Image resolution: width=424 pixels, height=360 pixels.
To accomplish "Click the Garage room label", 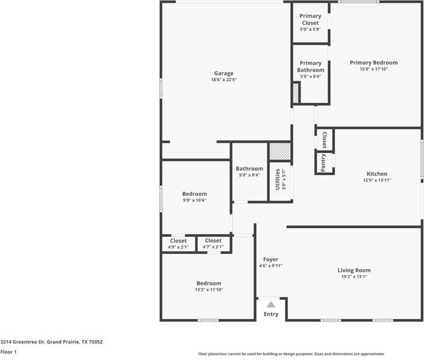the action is [223, 73].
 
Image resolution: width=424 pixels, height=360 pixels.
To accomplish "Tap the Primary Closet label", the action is [310, 19].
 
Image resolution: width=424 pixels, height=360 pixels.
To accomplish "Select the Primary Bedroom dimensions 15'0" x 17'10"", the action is [373, 69].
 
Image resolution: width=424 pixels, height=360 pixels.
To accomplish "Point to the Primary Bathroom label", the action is [310, 66].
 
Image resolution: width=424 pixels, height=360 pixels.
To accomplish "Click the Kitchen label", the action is [377, 174].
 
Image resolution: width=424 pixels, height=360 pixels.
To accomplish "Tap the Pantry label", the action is [323, 163].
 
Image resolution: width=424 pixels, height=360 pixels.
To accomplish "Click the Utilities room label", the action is [278, 179].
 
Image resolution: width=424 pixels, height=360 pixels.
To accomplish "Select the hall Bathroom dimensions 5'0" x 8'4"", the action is [249, 175].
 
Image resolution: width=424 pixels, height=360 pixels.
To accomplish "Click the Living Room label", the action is [354, 270].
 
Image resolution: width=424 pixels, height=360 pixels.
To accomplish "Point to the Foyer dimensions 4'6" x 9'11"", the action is [270, 265].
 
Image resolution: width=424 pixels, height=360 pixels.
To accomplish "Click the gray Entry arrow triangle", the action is [271, 305].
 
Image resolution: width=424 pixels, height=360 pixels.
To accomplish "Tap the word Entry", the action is [271, 314].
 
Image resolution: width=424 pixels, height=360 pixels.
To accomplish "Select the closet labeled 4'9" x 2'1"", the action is [178, 244].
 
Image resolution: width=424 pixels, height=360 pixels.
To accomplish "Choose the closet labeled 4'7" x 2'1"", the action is [213, 244].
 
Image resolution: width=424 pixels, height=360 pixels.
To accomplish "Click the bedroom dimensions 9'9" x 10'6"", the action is [195, 200].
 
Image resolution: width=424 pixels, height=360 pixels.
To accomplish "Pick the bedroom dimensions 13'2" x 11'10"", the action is [209, 290].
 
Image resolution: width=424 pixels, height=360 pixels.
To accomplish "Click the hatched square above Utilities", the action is [280, 151].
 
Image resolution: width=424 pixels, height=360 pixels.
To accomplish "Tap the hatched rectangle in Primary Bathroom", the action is [296, 93].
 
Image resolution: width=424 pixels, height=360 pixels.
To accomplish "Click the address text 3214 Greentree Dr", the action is [22, 342].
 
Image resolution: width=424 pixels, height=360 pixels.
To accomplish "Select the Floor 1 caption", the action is [8, 352].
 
